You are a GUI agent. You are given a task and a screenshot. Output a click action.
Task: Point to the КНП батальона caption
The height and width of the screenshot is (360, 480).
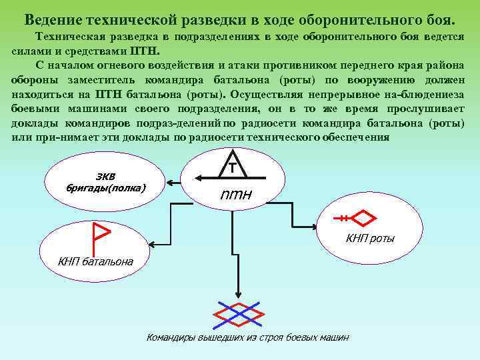pyautogui.click(x=95, y=261)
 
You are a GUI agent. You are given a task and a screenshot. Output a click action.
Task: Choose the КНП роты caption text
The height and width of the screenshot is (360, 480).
pyautogui.click(x=369, y=238)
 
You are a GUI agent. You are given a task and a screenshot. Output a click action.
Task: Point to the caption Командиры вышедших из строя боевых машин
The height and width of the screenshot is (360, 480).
pyautogui.click(x=247, y=337)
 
